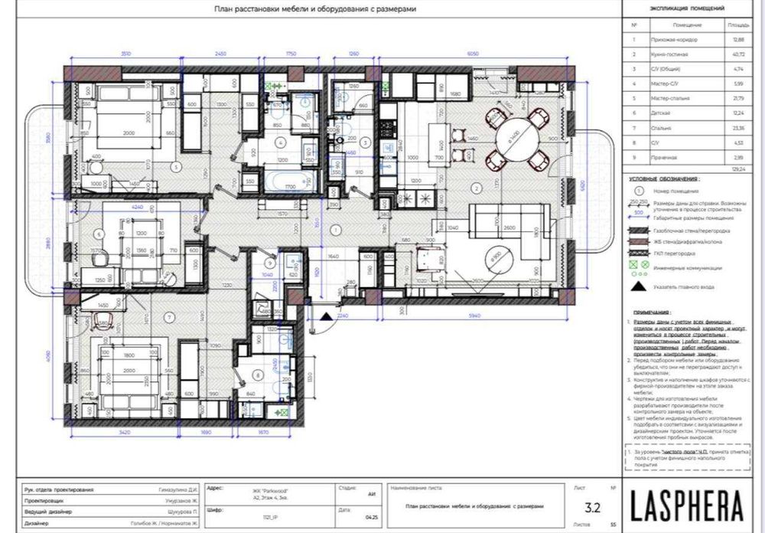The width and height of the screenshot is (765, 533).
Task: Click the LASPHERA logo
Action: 687,505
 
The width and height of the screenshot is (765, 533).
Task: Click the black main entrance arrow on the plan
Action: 325,315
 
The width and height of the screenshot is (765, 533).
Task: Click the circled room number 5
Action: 175,165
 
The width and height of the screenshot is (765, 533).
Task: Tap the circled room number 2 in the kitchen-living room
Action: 475,187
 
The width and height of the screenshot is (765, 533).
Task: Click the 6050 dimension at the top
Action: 472,54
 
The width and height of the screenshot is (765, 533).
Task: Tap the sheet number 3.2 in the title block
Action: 592,506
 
